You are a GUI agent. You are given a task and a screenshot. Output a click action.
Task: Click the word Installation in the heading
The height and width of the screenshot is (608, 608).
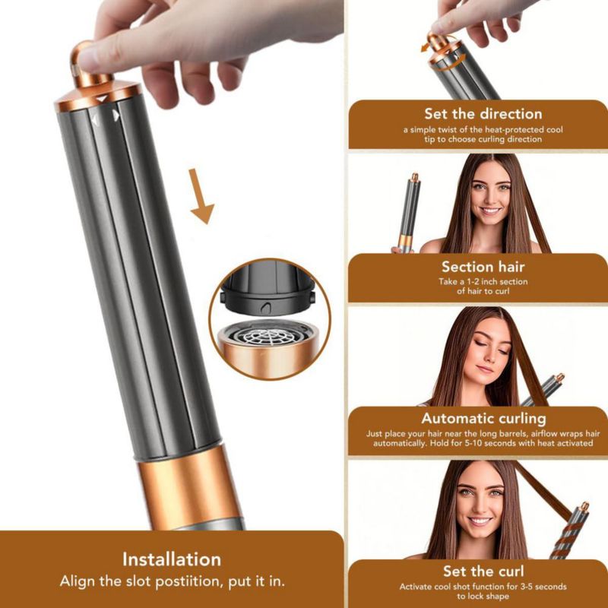pyautogui.click(x=172, y=559)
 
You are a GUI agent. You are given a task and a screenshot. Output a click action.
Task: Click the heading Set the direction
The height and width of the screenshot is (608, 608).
pyautogui.click(x=483, y=113)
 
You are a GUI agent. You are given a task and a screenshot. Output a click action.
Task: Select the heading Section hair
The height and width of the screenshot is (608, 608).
pyautogui.click(x=483, y=267)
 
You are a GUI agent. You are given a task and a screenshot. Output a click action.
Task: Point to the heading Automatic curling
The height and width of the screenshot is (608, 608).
pyautogui.click(x=483, y=419)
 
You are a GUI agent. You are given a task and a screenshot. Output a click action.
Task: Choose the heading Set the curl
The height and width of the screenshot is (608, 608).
pyautogui.click(x=483, y=572)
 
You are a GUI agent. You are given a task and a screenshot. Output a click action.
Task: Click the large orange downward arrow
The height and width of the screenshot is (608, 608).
pyautogui.click(x=201, y=196)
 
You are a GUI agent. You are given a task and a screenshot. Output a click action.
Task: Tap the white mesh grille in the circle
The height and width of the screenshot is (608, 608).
pyautogui.click(x=267, y=336)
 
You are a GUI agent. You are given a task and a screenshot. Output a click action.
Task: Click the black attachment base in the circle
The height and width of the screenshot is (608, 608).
pyautogui.click(x=268, y=289)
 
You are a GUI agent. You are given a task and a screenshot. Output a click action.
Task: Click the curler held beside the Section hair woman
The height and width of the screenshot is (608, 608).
pyautogui.click(x=410, y=214)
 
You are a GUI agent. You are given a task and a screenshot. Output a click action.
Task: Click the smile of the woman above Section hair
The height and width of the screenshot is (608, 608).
pyautogui.click(x=489, y=211)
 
